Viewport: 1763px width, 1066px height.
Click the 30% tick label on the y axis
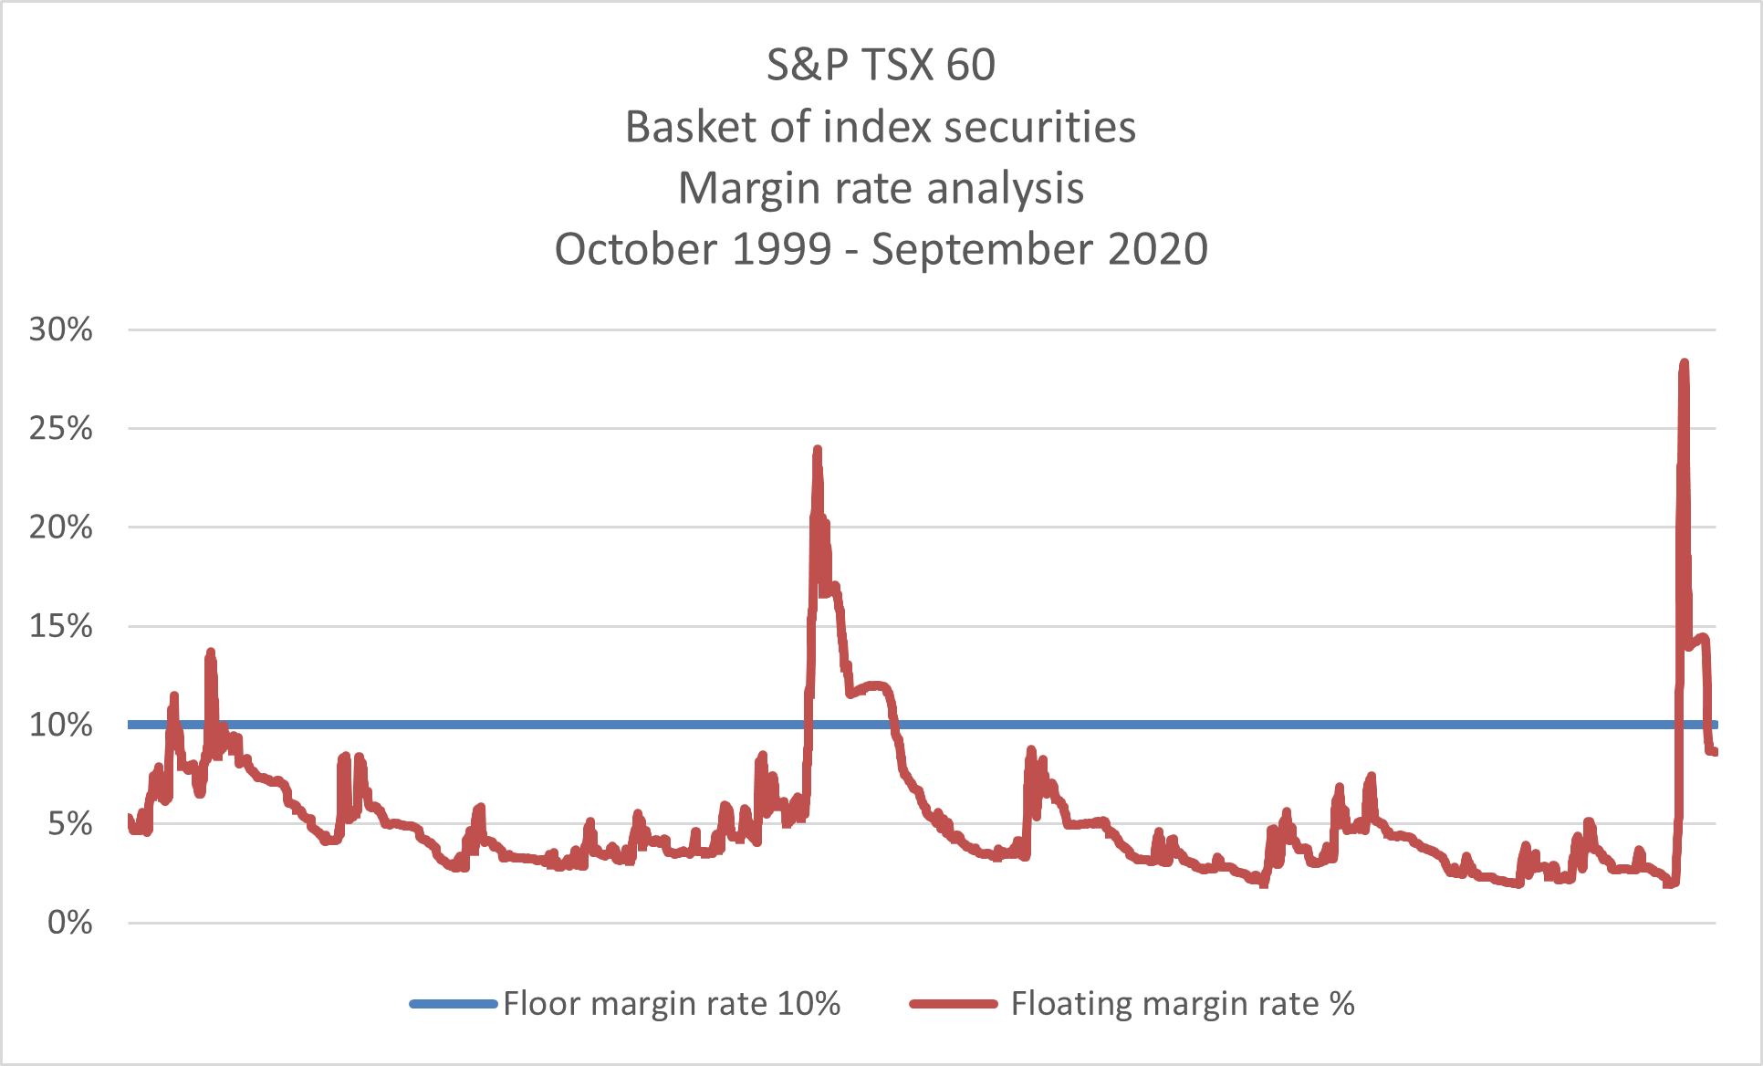click(x=60, y=329)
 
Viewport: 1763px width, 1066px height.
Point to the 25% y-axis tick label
click(x=60, y=428)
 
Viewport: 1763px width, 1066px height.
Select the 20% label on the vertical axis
click(x=60, y=528)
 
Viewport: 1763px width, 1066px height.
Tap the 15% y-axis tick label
click(x=60, y=626)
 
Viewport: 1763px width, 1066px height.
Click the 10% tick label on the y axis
click(x=60, y=725)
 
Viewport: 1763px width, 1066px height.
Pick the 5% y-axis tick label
click(x=69, y=824)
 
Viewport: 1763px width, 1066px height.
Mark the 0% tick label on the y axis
click(x=69, y=923)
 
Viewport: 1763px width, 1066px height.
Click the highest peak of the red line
click(x=1684, y=363)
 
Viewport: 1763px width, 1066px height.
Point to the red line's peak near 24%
click(x=817, y=450)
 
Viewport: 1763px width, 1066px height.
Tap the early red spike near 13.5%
click(x=211, y=653)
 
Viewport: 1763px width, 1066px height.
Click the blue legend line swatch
click(x=453, y=1004)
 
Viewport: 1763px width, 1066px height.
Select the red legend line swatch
click(x=953, y=1004)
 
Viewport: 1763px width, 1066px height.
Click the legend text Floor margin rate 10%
click(x=672, y=1004)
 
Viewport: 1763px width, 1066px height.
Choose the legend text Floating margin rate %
click(x=1182, y=1004)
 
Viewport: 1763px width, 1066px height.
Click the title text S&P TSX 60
click(x=881, y=65)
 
